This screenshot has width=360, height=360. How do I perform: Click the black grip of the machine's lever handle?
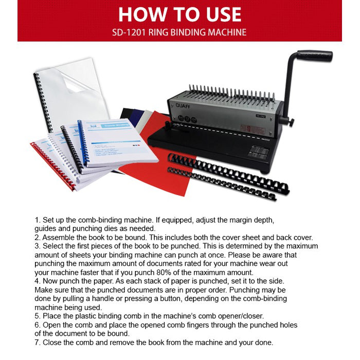coord(315,56)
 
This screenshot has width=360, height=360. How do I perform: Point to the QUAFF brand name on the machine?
coord(183,106)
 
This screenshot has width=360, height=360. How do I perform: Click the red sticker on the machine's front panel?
coord(253,129)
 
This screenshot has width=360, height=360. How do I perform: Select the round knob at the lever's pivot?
coord(291,122)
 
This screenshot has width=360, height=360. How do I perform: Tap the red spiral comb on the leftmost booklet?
coord(53,166)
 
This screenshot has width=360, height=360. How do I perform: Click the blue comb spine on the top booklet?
coord(83,143)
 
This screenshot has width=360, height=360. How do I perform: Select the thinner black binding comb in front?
coord(222,184)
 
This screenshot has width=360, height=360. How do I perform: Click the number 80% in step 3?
coord(164,273)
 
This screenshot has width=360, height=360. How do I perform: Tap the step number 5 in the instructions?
coord(38,316)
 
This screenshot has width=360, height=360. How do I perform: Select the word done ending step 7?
coord(264,343)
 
